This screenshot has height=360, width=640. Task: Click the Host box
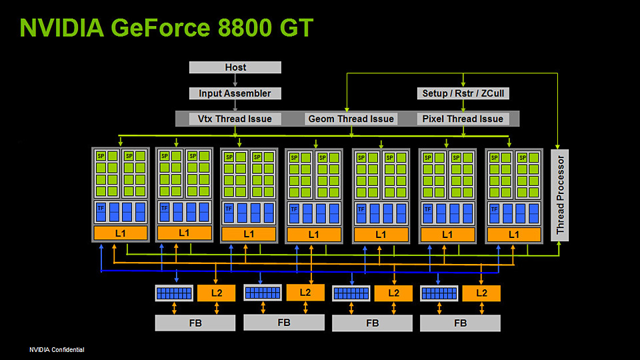point(235,67)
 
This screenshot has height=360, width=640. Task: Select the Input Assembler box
point(235,93)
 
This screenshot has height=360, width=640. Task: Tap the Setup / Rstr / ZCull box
point(463,93)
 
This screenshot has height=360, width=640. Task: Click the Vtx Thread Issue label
point(235,119)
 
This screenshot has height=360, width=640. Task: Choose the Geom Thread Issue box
point(351,119)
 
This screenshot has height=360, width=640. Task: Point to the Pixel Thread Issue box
point(463,119)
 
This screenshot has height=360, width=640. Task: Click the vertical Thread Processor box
point(559,194)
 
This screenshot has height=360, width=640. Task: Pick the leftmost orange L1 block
point(120,233)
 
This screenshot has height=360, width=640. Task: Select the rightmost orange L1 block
point(514,235)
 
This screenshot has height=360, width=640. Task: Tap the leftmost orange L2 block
point(216,293)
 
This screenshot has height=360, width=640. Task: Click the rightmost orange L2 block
point(481,293)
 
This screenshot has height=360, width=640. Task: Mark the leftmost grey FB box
point(195,323)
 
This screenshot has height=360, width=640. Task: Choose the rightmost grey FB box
point(460,323)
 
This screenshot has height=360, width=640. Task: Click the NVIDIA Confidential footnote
point(57,350)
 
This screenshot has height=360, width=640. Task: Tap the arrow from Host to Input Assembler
point(235,80)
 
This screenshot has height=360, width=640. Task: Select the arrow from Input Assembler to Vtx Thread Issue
point(235,105)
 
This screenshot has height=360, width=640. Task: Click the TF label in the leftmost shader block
point(101,208)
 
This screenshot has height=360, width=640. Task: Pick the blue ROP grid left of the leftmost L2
point(174,293)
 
